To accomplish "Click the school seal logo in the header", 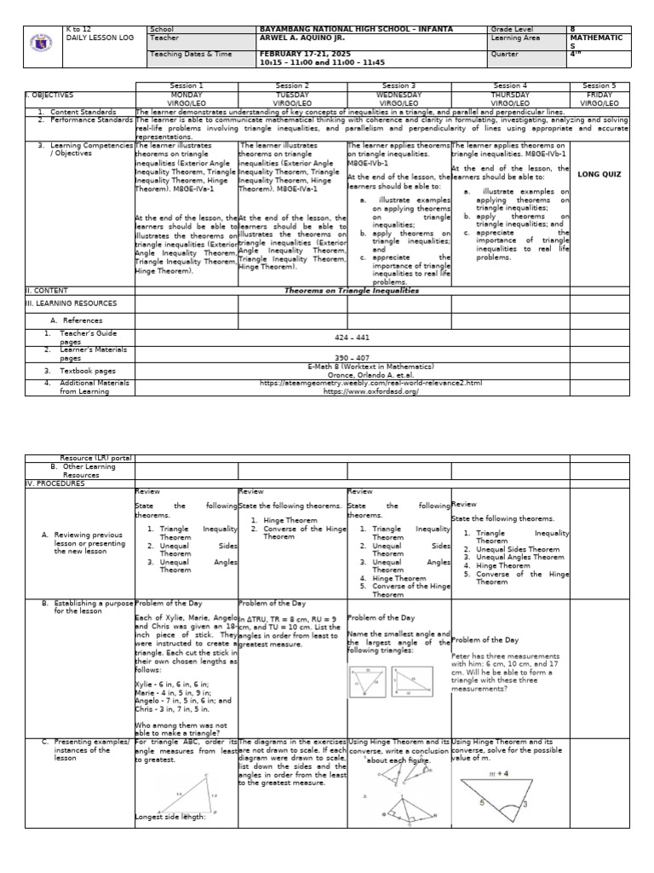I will point(42,45).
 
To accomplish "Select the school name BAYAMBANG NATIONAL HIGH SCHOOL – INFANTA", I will point(356,29).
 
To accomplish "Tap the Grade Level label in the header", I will point(511,29).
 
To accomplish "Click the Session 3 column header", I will point(398,85).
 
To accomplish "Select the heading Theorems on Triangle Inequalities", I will point(352,290).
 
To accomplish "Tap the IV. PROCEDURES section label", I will point(56,483).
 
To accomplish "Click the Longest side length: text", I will point(170,818).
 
